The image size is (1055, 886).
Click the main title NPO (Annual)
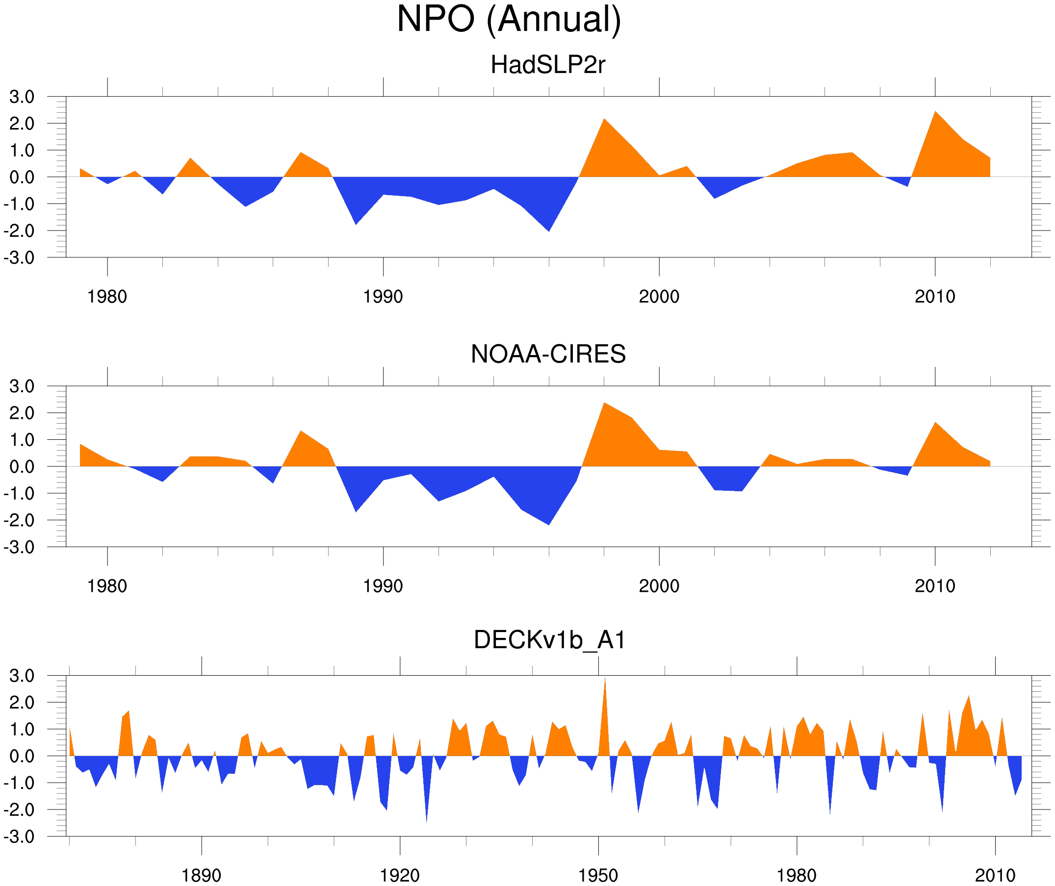click(x=509, y=20)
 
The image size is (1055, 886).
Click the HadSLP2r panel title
click(x=547, y=65)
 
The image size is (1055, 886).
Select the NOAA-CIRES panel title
click(x=547, y=354)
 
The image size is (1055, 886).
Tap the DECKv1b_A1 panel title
click(x=550, y=640)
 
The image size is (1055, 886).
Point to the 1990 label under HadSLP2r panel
click(x=383, y=297)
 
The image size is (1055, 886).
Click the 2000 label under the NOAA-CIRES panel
click(x=659, y=586)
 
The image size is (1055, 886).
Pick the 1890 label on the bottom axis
click(x=201, y=875)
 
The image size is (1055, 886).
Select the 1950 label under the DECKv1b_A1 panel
click(x=598, y=875)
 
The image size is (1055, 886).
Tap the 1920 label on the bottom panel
click(x=399, y=875)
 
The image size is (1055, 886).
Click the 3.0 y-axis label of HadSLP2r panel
click(x=22, y=97)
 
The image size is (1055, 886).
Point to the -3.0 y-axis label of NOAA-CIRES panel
click(x=19, y=547)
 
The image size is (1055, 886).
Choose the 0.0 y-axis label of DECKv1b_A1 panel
click(x=22, y=756)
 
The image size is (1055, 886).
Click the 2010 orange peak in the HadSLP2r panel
click(x=935, y=113)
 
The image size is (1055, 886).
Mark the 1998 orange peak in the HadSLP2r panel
click(x=604, y=121)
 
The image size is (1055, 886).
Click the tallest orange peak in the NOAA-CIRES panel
click(x=604, y=405)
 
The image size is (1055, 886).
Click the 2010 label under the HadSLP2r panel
click(x=934, y=297)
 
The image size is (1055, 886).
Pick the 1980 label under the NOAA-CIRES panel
click(x=107, y=586)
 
